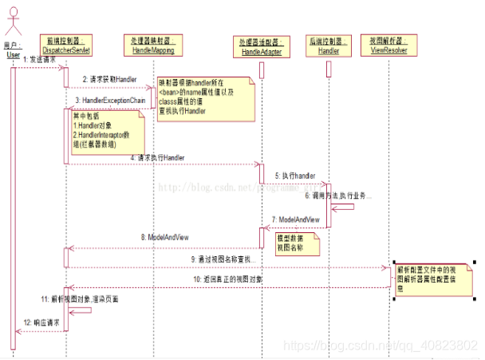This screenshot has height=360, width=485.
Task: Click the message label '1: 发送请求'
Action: [40, 60]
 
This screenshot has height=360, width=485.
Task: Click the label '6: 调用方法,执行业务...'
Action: [338, 195]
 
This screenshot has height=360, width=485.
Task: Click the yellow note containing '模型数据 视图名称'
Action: [293, 243]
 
